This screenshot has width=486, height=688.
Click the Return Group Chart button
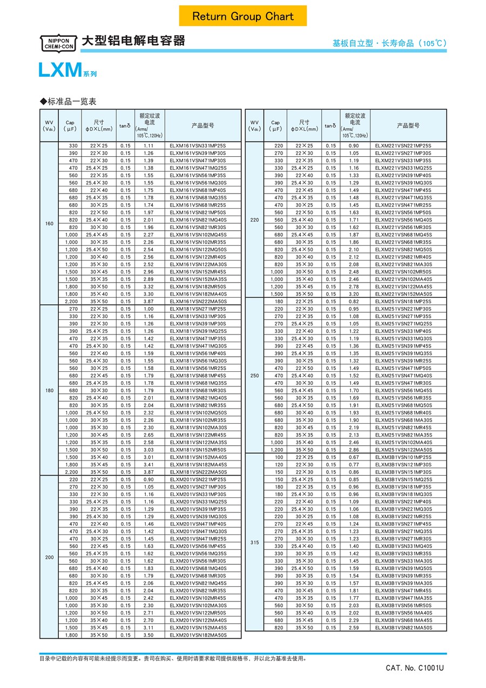pos(243,16)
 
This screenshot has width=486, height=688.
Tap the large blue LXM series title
pos(59,71)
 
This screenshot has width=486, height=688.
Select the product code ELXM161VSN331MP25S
pos(198,146)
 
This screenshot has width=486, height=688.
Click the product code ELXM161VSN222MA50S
pos(198,301)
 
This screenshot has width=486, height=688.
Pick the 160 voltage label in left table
pos(50,223)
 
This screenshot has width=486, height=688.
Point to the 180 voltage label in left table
pos(50,390)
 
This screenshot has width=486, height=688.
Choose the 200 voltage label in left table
pos(50,557)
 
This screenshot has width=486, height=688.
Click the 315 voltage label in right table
pos(255,543)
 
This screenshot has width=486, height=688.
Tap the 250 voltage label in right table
pos(255,375)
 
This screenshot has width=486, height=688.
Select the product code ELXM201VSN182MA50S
pos(198,635)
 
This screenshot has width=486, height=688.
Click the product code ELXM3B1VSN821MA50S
pos(403,627)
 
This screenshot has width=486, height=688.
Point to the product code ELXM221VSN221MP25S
pos(403,146)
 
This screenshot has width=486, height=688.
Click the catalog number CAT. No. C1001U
pos(415,668)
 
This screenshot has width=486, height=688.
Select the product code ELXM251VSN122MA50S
pos(403,450)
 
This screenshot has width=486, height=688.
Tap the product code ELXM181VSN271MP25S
pos(198,309)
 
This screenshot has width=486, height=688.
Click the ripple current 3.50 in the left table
pos(149,635)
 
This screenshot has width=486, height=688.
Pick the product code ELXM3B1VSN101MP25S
pos(403,457)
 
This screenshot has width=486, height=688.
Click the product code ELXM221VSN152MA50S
pos(403,294)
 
